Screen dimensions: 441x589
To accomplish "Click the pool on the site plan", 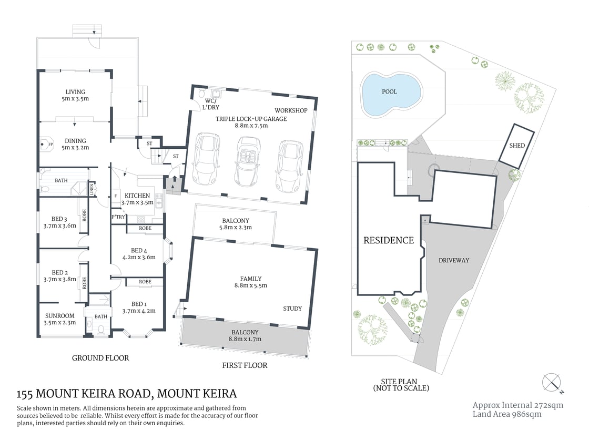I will pyautogui.click(x=391, y=94).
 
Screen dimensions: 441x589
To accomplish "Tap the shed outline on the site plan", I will pyautogui.click(x=517, y=145).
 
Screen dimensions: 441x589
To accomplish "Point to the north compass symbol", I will pyautogui.click(x=552, y=382).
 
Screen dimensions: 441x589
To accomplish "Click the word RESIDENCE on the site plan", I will pyautogui.click(x=389, y=240).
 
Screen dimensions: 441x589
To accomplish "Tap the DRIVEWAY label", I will pyautogui.click(x=453, y=260).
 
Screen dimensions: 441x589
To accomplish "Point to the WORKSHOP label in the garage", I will pyautogui.click(x=291, y=110).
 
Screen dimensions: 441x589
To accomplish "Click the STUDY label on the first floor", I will pyautogui.click(x=292, y=309).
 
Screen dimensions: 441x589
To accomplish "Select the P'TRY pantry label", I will pyautogui.click(x=117, y=217).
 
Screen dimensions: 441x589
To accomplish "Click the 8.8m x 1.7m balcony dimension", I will pyautogui.click(x=245, y=339).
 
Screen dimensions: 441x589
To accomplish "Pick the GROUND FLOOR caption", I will pyautogui.click(x=100, y=358).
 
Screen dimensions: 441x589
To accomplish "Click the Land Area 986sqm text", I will pyautogui.click(x=507, y=414).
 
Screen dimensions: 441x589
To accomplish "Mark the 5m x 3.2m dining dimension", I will pyautogui.click(x=75, y=148).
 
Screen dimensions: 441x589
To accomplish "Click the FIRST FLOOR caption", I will pyautogui.click(x=245, y=365).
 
